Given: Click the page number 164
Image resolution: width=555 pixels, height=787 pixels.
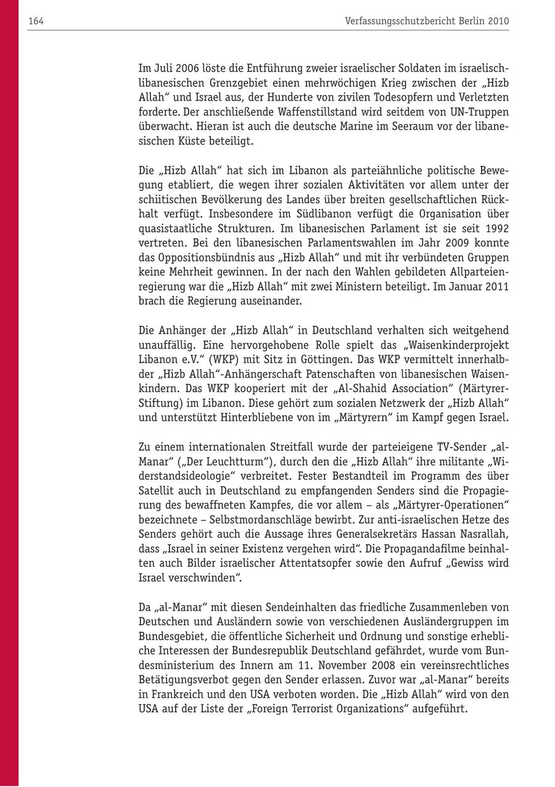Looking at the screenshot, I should pos(36,21).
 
